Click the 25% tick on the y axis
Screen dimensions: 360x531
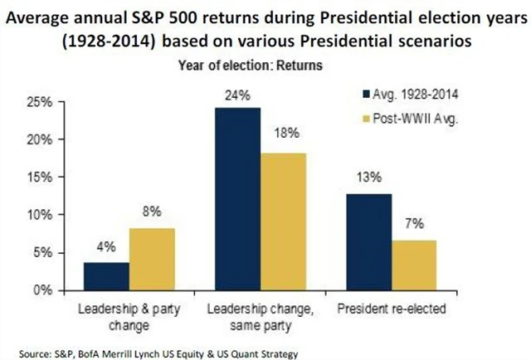point(39,102)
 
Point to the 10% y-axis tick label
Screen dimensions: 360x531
point(39,215)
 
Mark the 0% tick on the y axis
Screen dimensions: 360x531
point(42,290)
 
